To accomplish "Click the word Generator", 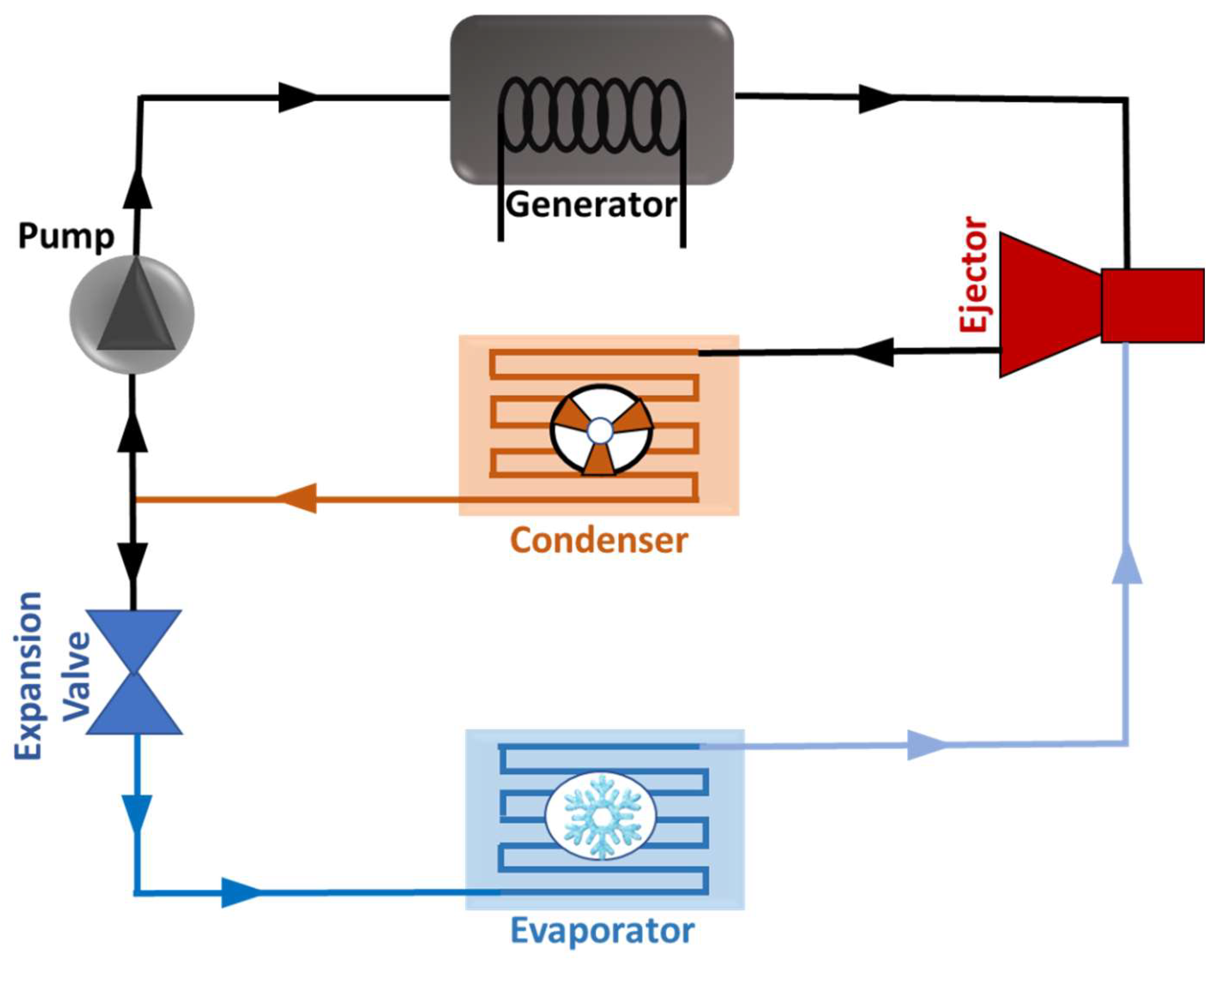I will point(590,205).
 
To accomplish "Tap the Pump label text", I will point(66,236).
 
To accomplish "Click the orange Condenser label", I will point(599,541).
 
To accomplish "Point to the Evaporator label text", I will point(602,931).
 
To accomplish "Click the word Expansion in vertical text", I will point(28,675).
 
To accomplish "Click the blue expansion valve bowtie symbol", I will point(134,672).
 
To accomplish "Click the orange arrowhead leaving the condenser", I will point(297,498).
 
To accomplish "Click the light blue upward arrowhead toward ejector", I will point(1127,563).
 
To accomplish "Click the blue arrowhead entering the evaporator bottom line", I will point(240,893).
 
